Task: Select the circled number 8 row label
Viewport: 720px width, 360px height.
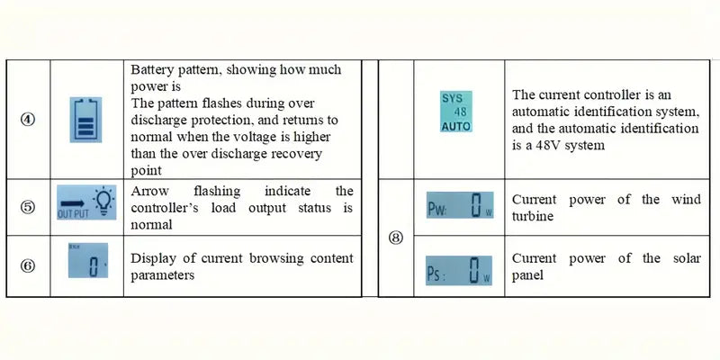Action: [x=396, y=238]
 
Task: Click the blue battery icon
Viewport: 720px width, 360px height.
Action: [x=87, y=120]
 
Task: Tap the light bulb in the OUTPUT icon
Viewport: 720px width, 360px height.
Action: [x=106, y=200]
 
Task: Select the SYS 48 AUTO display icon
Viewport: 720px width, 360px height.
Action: [x=455, y=112]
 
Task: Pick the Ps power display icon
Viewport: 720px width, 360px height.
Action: [x=459, y=269]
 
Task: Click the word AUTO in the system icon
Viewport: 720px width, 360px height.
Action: [x=455, y=127]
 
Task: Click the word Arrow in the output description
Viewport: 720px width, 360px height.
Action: [x=151, y=192]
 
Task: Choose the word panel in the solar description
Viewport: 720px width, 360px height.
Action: [x=529, y=275]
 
